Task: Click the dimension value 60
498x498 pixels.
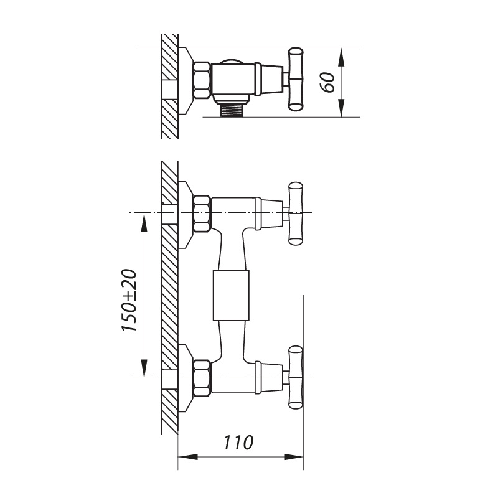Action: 328,82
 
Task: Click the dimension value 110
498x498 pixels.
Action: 239,443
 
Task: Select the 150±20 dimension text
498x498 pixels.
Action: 129,300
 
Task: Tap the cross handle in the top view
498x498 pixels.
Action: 295,79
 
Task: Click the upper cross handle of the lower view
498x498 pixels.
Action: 296,214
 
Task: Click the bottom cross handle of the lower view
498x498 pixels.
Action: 296,377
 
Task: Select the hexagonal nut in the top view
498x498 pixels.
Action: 201,80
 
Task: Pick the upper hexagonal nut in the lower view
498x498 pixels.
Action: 202,213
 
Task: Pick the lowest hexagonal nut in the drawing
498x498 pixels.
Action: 202,378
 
